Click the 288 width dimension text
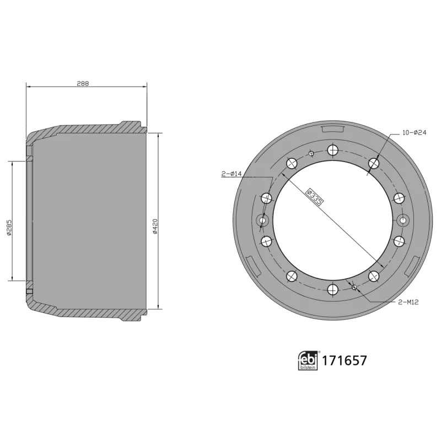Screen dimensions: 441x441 83,84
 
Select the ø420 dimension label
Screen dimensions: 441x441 156,225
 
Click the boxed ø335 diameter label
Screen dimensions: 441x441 315,196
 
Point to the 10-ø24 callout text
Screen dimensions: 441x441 415,133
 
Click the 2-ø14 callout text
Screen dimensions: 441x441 232,174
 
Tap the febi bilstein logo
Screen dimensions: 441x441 308,361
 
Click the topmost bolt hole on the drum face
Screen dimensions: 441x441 332,149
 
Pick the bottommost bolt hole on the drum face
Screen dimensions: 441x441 332,289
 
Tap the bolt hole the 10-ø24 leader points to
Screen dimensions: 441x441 374,163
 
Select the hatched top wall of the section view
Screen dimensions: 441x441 88,128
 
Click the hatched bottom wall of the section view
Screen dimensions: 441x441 88,313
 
